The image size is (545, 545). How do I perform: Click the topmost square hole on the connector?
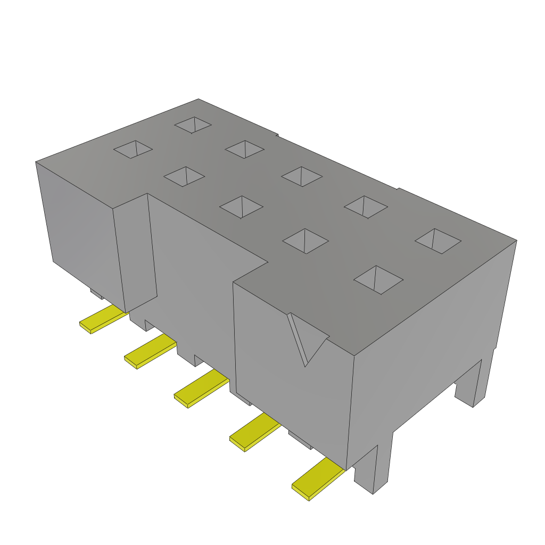coord(193,125)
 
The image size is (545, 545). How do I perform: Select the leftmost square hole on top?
coord(133,150)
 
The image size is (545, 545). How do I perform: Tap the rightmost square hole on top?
coord(437,241)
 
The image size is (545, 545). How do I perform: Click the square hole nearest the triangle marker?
coord(378,279)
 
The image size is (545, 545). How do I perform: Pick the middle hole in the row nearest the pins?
coord(242,207)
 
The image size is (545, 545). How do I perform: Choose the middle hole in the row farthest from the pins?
coord(301,176)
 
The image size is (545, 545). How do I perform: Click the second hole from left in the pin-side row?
coord(184,177)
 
